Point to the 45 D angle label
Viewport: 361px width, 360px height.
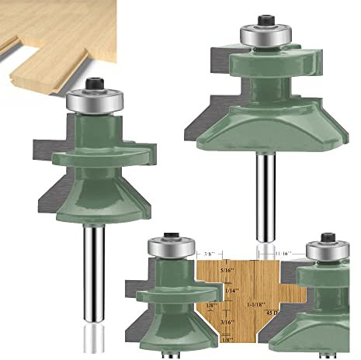(272, 312)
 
